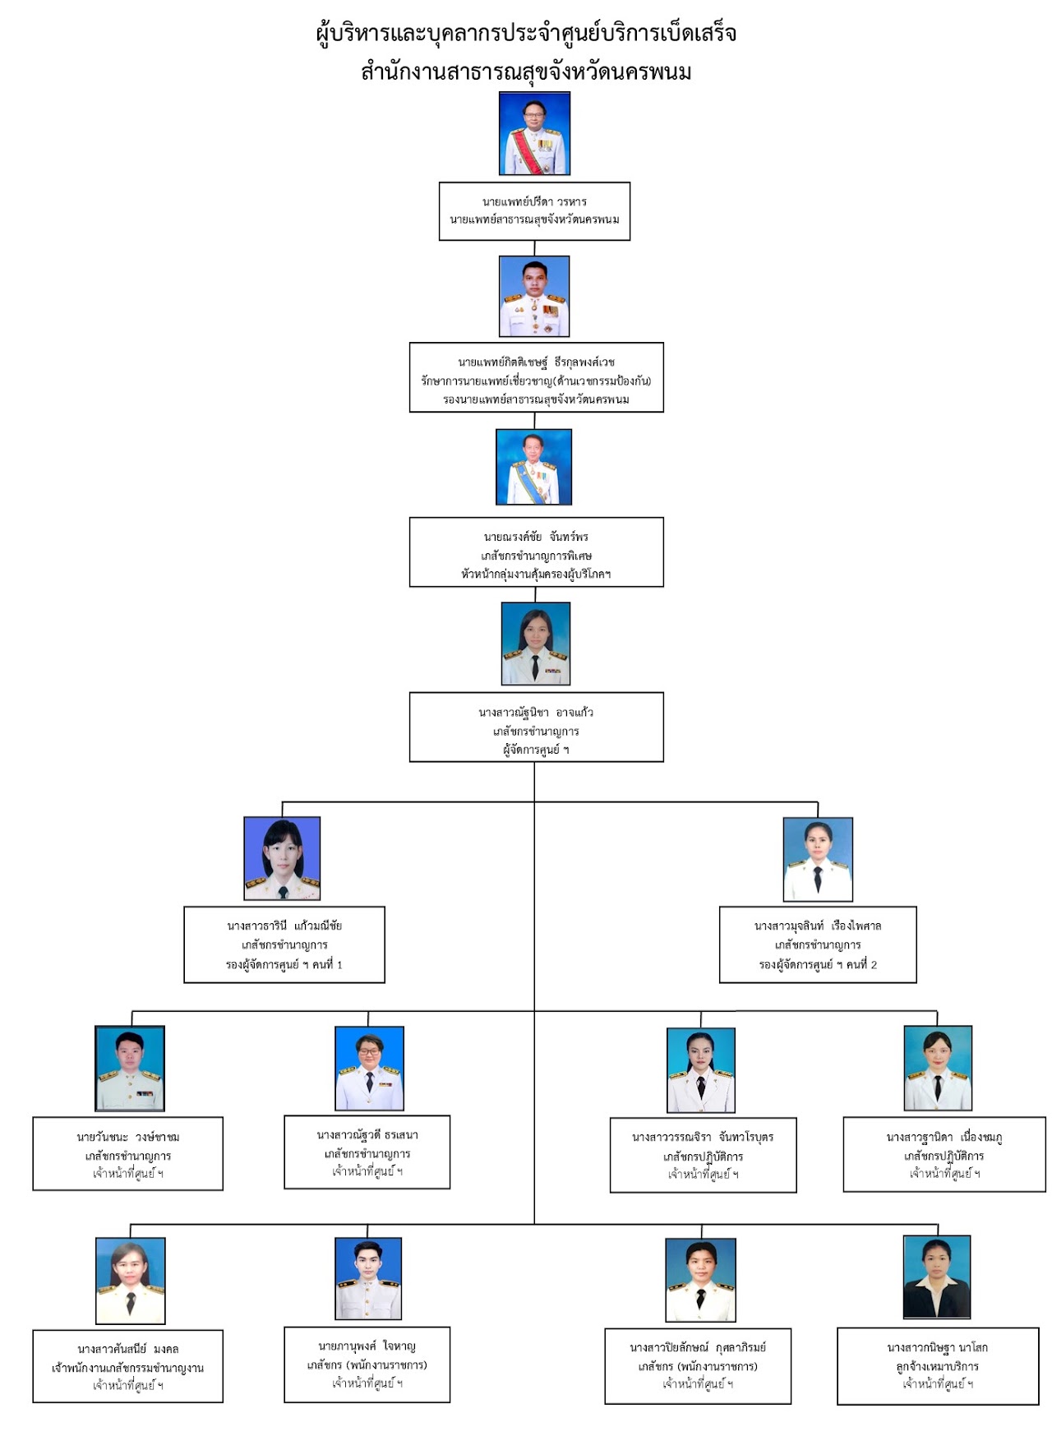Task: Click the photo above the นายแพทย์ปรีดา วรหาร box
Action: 534,133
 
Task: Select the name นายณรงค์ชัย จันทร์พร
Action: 536,537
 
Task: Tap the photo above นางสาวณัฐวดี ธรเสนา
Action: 369,1068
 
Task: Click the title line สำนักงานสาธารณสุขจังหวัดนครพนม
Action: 526,72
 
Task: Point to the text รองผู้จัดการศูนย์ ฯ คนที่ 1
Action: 284,964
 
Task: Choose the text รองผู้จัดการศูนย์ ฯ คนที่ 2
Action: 818,964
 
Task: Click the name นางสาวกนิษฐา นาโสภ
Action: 937,1347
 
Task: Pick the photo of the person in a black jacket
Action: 937,1277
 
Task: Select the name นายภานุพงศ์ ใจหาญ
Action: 367,1346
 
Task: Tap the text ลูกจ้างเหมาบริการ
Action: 937,1366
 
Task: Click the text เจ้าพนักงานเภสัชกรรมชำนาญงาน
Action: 127,1368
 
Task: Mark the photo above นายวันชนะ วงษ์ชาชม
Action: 130,1068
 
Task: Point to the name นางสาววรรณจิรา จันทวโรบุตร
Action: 703,1137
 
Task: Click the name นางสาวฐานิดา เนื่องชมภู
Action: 944,1137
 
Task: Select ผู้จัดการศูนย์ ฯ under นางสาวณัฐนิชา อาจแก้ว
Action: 536,750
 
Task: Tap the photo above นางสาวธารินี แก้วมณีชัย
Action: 282,858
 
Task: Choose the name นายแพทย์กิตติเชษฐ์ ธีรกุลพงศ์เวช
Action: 536,362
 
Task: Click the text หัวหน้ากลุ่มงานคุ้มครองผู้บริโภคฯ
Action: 536,574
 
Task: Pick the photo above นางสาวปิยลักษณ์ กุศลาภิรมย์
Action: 700,1279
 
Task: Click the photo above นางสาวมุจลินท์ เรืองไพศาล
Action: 818,859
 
